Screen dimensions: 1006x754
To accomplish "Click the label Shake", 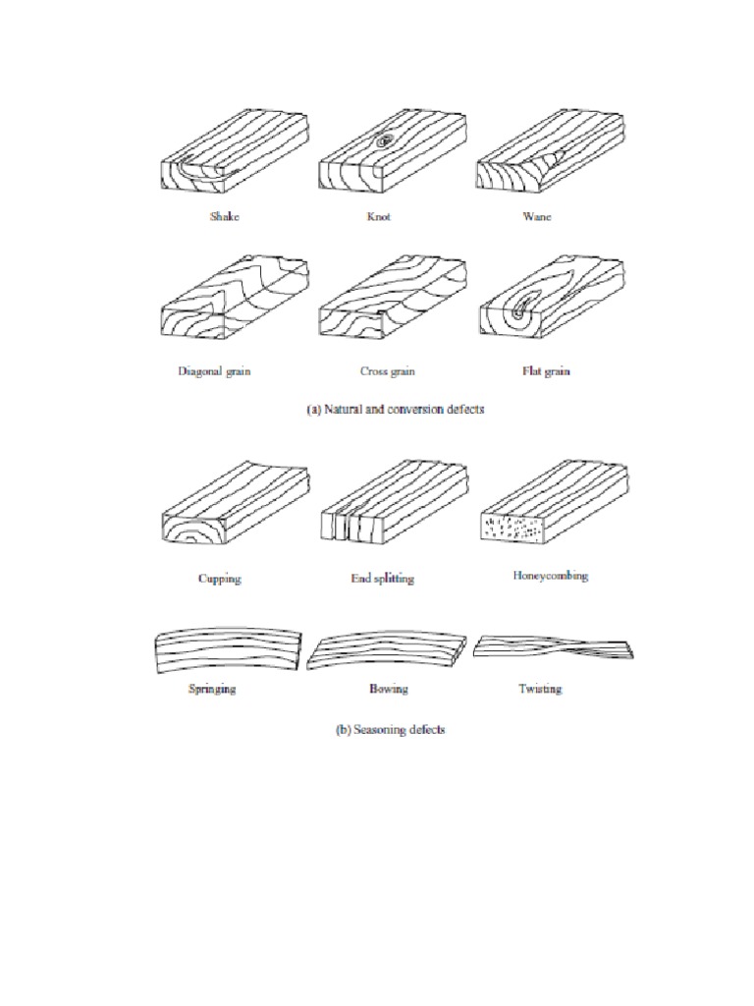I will pyautogui.click(x=224, y=216).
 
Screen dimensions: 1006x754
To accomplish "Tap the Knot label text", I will pyautogui.click(x=379, y=216).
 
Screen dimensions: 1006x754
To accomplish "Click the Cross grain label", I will pyautogui.click(x=386, y=372).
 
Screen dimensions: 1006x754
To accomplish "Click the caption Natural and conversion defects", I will pyautogui.click(x=393, y=411).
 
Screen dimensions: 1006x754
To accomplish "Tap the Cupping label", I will pyautogui.click(x=218, y=579).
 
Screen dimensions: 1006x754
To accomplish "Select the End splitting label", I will pyautogui.click(x=382, y=579).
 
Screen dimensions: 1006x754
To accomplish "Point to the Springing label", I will pyautogui.click(x=212, y=689).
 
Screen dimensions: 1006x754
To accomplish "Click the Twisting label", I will pyautogui.click(x=540, y=689).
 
